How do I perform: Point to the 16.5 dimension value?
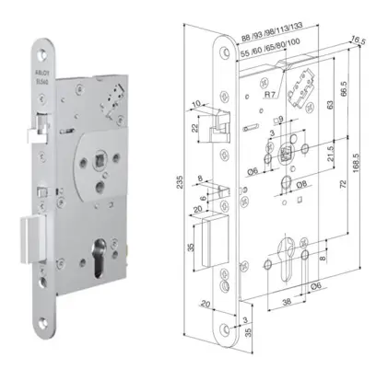pyautogui.click(x=358, y=40)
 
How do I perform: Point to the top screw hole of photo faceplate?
pyautogui.click(x=47, y=48)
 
